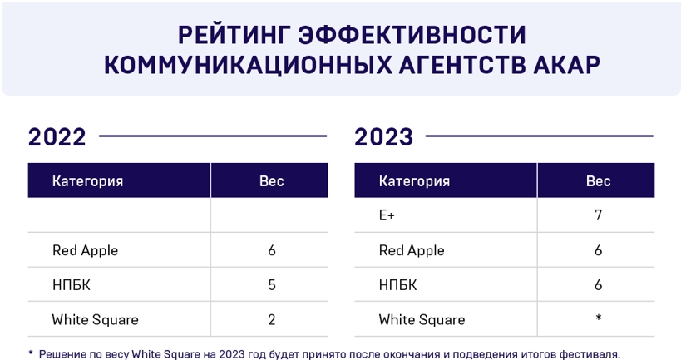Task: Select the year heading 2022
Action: (x=57, y=136)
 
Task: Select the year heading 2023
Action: (x=384, y=136)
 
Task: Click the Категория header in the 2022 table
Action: (x=87, y=181)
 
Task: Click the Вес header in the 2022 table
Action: (x=271, y=181)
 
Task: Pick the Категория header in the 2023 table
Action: (x=414, y=181)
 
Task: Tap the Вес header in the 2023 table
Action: (x=598, y=181)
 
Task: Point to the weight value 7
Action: (x=598, y=215)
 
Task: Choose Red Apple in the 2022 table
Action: (x=85, y=250)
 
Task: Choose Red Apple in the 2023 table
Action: (x=412, y=250)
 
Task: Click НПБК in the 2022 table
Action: (x=71, y=285)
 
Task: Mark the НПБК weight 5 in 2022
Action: (x=271, y=285)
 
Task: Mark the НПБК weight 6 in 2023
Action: (x=598, y=285)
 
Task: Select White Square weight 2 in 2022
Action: (x=271, y=320)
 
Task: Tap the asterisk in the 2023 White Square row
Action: (x=598, y=318)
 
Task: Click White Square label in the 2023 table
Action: (x=422, y=320)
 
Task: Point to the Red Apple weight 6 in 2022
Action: (x=271, y=250)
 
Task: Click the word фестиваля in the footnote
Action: (x=590, y=353)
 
